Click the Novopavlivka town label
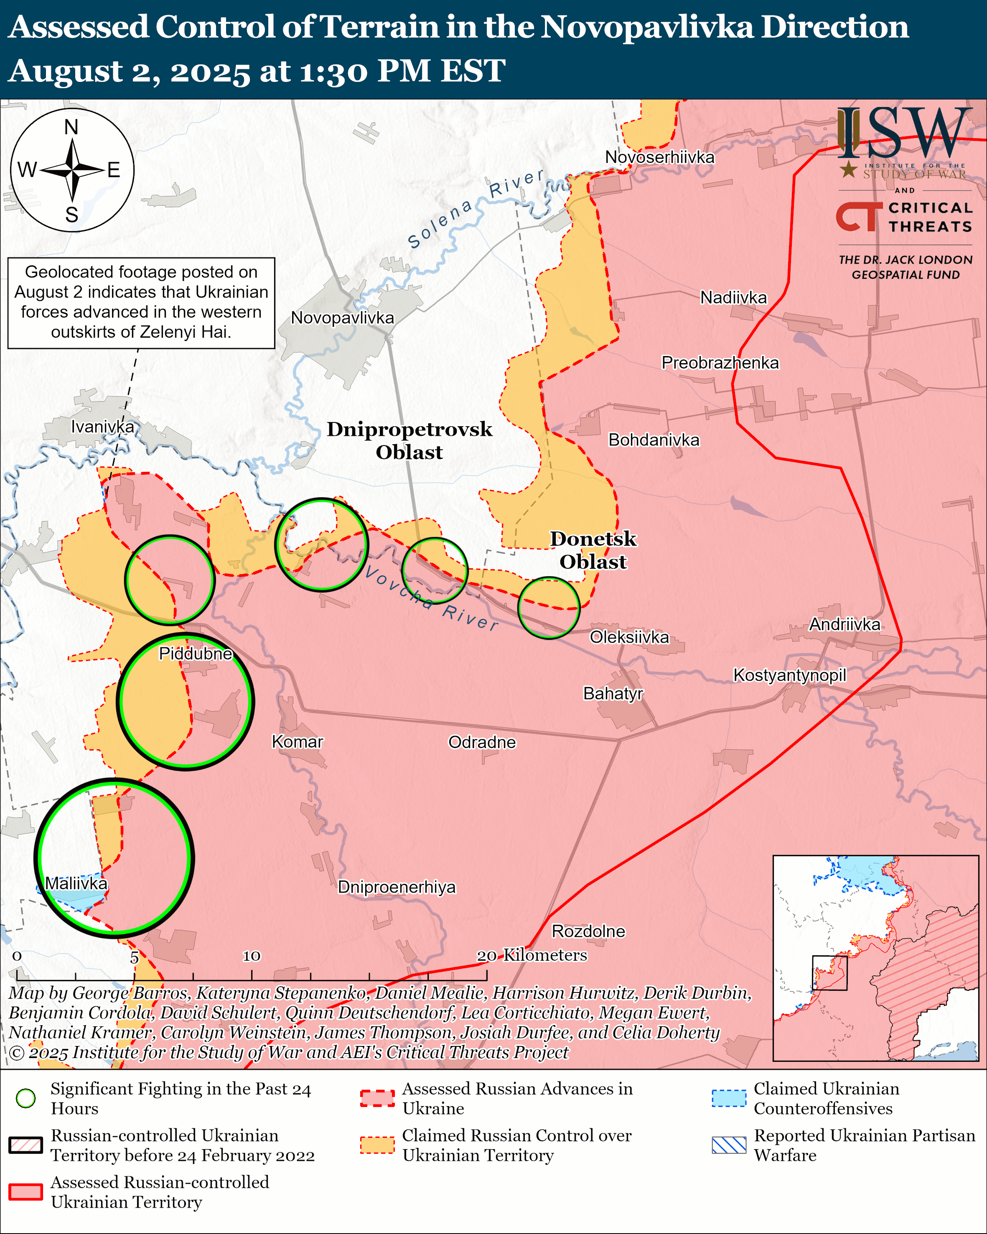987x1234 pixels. [x=342, y=318]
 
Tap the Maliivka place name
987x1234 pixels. [x=76, y=883]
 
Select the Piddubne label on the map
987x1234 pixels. [x=195, y=653]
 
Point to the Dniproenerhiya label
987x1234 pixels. [x=397, y=887]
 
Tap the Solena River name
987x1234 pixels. [x=475, y=209]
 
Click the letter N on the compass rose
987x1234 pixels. [x=71, y=127]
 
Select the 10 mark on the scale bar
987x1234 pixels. [x=251, y=955]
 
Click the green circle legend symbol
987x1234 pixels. [x=26, y=1098]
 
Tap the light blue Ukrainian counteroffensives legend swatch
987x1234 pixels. [x=728, y=1098]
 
